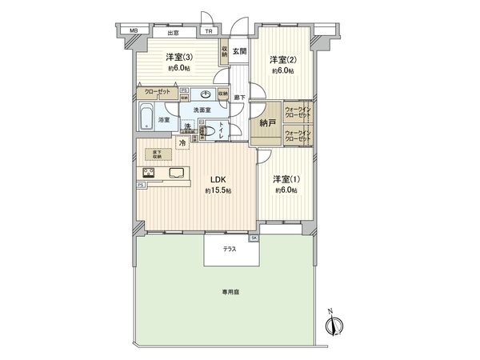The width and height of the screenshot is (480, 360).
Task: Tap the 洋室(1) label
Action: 284,180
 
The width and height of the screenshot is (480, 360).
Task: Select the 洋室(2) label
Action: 282,60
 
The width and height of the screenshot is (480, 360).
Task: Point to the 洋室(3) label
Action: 179,57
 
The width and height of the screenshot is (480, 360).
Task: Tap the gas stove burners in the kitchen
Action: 149,174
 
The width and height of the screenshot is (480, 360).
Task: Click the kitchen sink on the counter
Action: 175,174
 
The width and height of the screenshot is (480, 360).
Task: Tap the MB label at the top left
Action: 134,33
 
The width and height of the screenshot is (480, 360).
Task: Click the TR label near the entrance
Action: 208,33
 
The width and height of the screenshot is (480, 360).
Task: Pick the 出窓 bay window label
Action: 172,33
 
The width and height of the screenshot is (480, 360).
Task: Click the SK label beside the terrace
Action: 254,238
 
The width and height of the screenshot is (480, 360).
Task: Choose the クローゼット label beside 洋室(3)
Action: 157,93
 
